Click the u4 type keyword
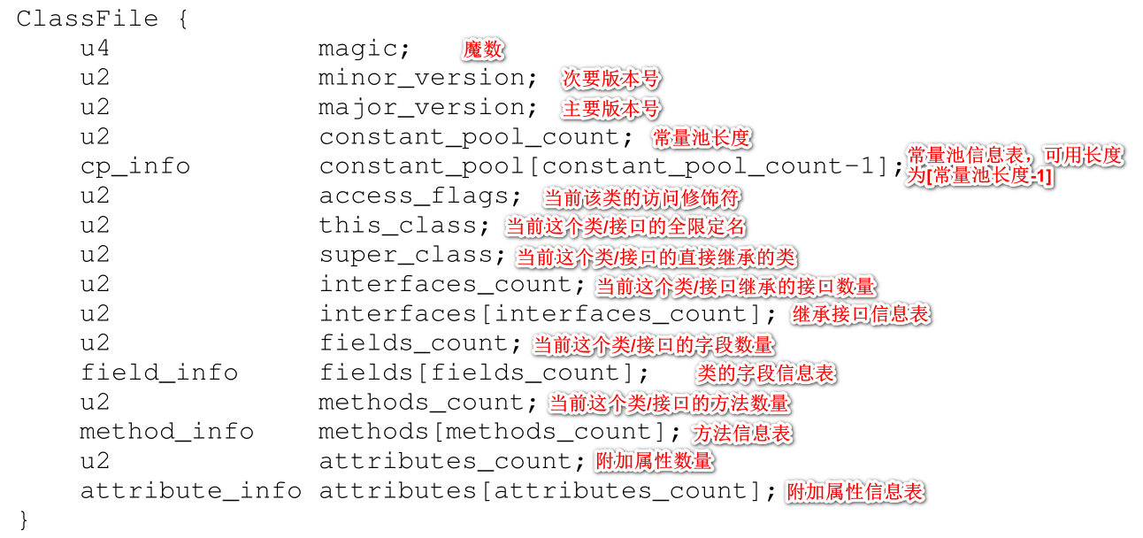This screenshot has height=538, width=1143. pos(95,49)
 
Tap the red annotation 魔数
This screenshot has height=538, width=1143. pos(483,50)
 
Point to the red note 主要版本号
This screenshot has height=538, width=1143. pos(611,109)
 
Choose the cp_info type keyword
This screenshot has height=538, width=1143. pos(134,166)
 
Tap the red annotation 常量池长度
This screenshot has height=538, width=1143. pos(702,138)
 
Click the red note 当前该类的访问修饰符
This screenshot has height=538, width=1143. pos(641,197)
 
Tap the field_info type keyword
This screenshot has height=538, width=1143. pos(159,373)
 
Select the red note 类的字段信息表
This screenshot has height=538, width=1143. pos(765,373)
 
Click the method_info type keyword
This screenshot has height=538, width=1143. pos(166,432)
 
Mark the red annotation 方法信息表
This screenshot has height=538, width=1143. pos(742,434)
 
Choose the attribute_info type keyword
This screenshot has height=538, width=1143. pos(191,490)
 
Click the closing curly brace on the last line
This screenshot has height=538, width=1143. pos(23,519)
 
